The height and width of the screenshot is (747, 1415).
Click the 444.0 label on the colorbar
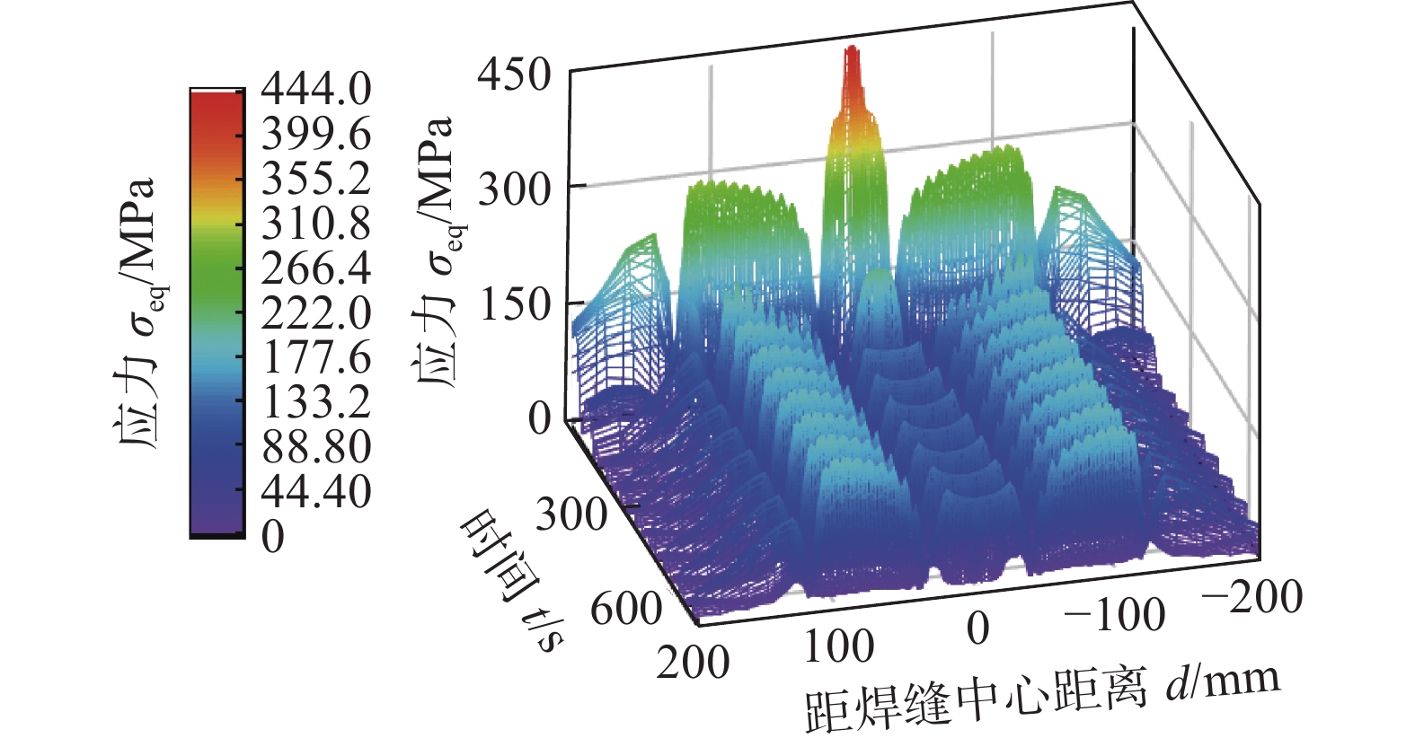click(x=315, y=89)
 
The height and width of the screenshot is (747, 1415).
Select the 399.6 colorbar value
click(x=315, y=134)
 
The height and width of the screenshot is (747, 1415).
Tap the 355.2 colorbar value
click(x=315, y=179)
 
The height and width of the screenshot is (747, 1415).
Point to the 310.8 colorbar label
click(x=315, y=223)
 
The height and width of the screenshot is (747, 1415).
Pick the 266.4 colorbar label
click(x=315, y=268)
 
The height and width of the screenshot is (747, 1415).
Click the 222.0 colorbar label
click(x=315, y=312)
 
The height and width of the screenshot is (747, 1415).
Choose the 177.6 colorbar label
click(x=315, y=357)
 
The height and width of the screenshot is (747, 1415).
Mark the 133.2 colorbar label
click(x=315, y=401)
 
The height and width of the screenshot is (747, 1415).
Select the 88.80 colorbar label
click(x=315, y=446)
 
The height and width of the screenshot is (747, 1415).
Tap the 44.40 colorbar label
click(x=315, y=491)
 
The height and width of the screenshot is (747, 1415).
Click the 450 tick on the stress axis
click(x=514, y=74)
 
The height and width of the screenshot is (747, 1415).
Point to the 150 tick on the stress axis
click(x=514, y=305)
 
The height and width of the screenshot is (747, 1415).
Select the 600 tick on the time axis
click(x=626, y=610)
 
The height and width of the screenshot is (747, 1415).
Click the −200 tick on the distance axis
click(x=1251, y=597)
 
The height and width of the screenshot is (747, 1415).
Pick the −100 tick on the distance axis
click(x=1114, y=615)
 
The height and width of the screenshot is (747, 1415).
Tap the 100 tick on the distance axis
click(x=838, y=647)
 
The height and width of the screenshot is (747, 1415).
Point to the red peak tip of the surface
click(x=851, y=54)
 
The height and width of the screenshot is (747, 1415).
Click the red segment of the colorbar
click(x=217, y=117)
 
